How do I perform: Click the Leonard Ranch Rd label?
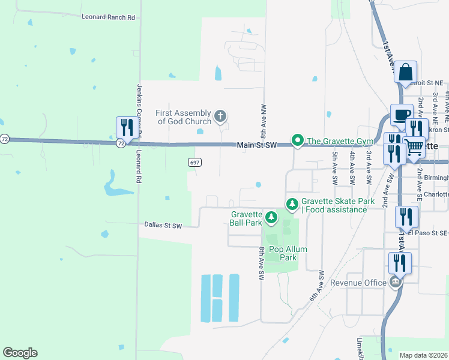click(108, 17)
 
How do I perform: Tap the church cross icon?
click(220, 116)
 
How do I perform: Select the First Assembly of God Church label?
click(184, 117)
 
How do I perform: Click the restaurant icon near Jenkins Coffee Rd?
click(126, 127)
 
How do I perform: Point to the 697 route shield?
click(194, 163)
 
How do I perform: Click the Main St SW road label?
click(256, 145)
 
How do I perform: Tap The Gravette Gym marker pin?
click(297, 141)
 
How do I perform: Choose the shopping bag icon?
click(405, 72)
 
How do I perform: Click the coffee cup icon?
click(402, 114)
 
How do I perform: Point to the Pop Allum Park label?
click(283, 253)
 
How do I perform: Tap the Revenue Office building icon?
click(395, 283)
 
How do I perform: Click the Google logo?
click(20, 353)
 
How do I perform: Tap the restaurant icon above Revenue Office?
click(399, 263)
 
